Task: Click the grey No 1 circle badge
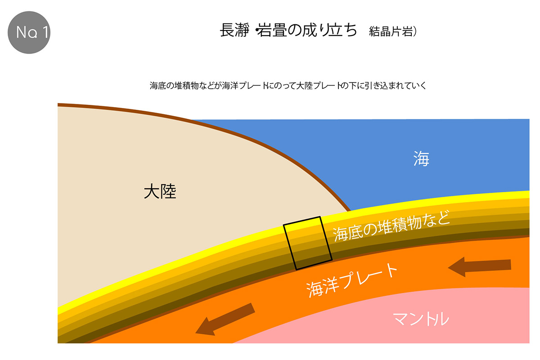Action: [29, 32]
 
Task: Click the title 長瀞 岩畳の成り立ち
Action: [288, 31]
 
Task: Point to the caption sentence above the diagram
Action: [288, 85]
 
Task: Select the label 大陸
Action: [160, 191]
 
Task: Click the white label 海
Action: [421, 158]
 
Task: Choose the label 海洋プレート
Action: [352, 280]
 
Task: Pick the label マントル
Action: [421, 319]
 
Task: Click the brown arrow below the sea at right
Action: [480, 267]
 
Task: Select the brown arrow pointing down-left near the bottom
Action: [225, 319]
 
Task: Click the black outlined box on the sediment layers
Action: [308, 243]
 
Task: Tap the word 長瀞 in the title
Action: [234, 31]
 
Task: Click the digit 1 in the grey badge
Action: [45, 32]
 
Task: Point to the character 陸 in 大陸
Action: [168, 191]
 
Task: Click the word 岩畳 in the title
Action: [272, 31]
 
